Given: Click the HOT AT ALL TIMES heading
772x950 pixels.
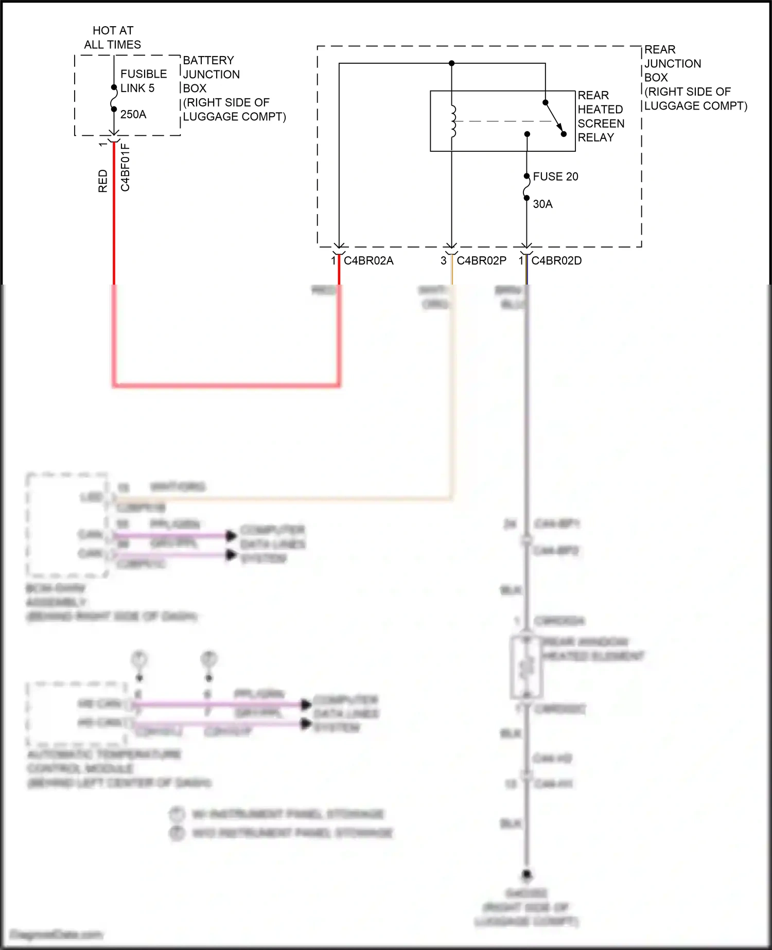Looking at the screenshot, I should pyautogui.click(x=113, y=38).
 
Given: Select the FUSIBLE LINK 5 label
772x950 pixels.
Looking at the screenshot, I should pyautogui.click(x=143, y=81).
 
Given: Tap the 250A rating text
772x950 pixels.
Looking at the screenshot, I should pyautogui.click(x=133, y=114).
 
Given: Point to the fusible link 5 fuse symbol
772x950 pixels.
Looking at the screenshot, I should pyautogui.click(x=114, y=98).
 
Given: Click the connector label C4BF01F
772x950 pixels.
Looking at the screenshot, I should pyautogui.click(x=125, y=168).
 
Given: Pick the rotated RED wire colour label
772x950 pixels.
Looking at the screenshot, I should pyautogui.click(x=103, y=181).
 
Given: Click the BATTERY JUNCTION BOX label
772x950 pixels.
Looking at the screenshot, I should pyautogui.click(x=234, y=88).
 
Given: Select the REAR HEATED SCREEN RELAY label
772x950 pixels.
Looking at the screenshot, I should pyautogui.click(x=601, y=116).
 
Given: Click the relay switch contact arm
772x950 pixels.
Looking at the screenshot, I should pyautogui.click(x=555, y=118).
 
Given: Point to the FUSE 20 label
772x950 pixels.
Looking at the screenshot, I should pyautogui.click(x=555, y=177).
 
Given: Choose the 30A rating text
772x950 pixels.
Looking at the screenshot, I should pyautogui.click(x=542, y=204).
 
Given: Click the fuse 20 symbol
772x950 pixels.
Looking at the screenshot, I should pyautogui.click(x=527, y=187).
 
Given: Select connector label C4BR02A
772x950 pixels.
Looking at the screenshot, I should pyautogui.click(x=369, y=261).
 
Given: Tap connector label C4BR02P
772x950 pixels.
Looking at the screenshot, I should pyautogui.click(x=481, y=261).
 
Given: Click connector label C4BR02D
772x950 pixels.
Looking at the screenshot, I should pyautogui.click(x=556, y=261).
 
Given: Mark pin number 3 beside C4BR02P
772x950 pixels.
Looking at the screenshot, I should pyautogui.click(x=443, y=261).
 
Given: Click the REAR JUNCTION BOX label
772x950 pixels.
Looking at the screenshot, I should pyautogui.click(x=695, y=78).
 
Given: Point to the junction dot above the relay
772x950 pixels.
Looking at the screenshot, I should pyautogui.click(x=451, y=63).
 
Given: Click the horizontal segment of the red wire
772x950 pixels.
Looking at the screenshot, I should pyautogui.click(x=226, y=384).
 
